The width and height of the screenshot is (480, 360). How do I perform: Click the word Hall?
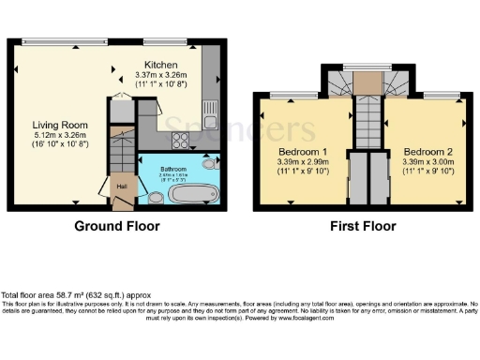pyautogui.click(x=121, y=186)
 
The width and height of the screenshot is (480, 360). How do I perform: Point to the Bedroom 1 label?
pyautogui.click(x=303, y=152)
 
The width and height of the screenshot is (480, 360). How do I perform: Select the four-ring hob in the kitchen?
pyautogui.click(x=179, y=141)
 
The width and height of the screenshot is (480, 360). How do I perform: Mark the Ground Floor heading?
pyautogui.click(x=118, y=226)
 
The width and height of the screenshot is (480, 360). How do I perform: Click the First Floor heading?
pyautogui.click(x=365, y=226)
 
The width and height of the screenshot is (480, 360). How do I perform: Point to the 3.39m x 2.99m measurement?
pyautogui.click(x=303, y=162)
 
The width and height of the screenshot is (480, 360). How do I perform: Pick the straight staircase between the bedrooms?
pyautogui.click(x=365, y=123)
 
